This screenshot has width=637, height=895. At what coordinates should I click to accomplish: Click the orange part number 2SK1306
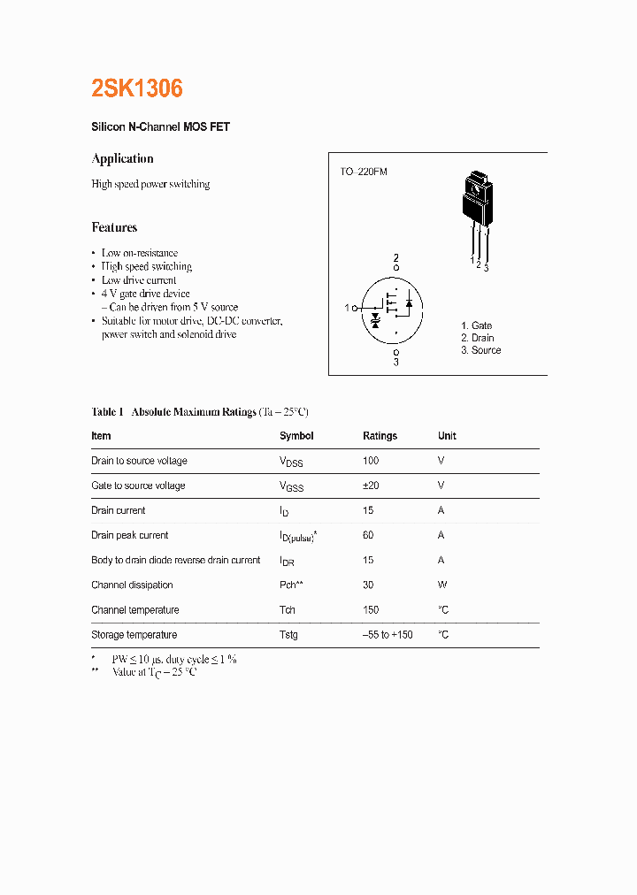coord(137,88)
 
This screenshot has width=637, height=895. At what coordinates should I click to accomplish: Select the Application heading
coord(122,158)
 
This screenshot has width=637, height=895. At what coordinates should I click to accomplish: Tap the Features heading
coord(114,227)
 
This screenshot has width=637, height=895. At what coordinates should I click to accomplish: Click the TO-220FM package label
coord(364,172)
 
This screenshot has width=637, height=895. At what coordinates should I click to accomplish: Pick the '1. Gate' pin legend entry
coord(476,325)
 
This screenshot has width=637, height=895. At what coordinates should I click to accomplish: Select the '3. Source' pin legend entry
coord(480,350)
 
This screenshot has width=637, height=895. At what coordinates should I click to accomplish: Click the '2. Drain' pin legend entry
coord(477,338)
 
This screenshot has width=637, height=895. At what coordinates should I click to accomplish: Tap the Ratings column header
coord(380,436)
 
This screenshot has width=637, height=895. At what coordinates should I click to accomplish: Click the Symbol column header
coord(296,436)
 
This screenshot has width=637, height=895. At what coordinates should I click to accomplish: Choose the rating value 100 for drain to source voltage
coord(371,461)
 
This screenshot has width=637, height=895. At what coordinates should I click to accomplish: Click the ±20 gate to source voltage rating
coord(372,486)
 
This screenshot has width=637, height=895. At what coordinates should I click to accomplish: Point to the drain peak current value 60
coord(368,535)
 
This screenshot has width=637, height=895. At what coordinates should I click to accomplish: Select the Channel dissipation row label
coord(132,585)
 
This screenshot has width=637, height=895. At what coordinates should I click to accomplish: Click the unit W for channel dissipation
coord(441,585)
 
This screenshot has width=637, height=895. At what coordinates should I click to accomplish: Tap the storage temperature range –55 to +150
coord(388,635)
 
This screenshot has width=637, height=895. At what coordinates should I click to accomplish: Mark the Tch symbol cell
coord(288,610)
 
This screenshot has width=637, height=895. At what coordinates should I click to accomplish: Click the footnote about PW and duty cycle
coord(173,659)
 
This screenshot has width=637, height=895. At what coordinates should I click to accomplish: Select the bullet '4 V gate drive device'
coord(145,294)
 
